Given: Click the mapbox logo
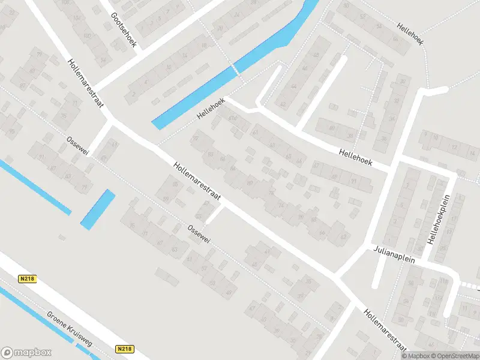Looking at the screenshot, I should click(x=26, y=352).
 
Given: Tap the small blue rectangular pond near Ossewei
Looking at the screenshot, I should click(x=97, y=209).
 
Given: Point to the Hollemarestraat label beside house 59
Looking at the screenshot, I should click(x=197, y=182).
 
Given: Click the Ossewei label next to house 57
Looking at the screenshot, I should click(x=199, y=234).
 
